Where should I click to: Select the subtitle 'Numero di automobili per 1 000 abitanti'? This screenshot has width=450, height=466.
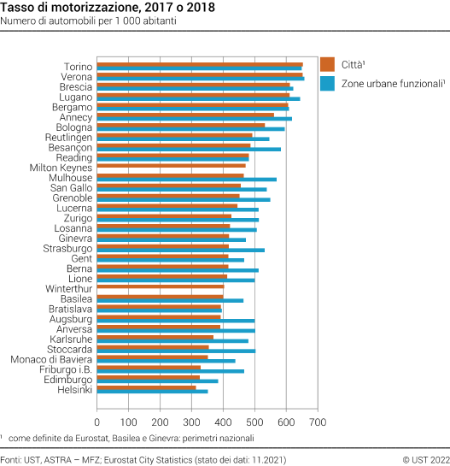[89, 21]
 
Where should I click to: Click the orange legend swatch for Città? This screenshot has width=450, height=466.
[327, 64]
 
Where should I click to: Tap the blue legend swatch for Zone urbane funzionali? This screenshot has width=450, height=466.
[327, 84]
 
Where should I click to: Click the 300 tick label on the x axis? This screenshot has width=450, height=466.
[192, 422]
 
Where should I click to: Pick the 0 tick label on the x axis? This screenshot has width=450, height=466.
[97, 422]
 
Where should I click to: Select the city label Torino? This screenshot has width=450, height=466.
[79, 66]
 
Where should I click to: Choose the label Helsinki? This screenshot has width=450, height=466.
[74, 390]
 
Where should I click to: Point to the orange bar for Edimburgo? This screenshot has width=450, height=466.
[149, 377]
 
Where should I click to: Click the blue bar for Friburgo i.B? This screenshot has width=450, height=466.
[171, 371]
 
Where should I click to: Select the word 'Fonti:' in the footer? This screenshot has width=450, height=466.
[12, 459]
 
